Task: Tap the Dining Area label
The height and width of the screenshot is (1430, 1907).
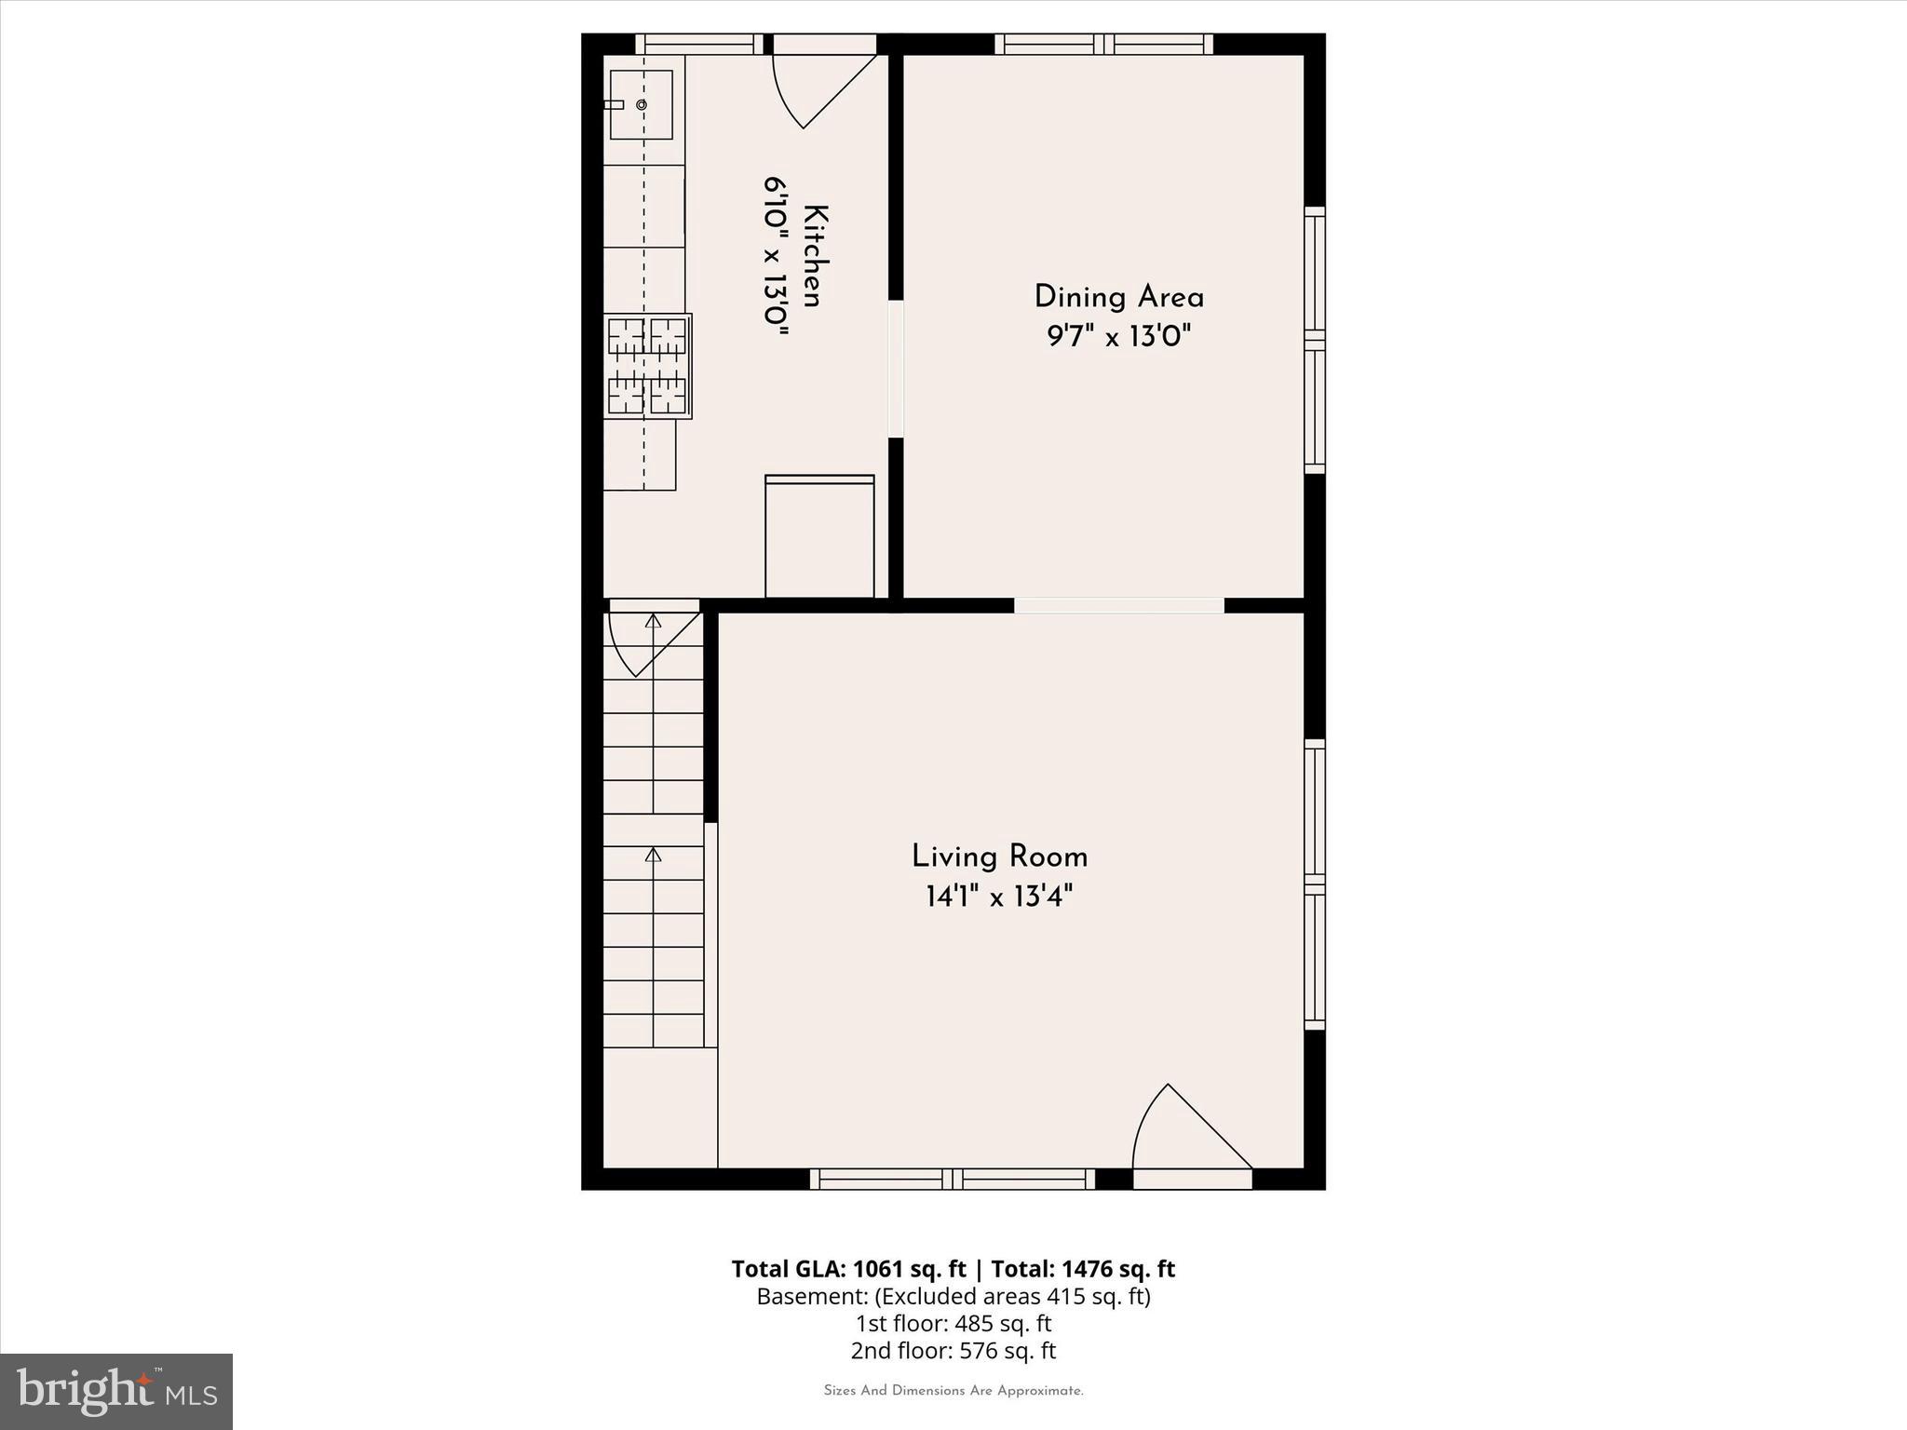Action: pos(1118,298)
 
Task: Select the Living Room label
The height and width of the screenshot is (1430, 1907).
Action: pos(999,857)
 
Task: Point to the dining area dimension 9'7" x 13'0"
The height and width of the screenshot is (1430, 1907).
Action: pos(1118,336)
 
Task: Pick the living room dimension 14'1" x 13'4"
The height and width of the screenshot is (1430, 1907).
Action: pos(999,897)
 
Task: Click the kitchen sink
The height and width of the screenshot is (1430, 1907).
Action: pos(641,104)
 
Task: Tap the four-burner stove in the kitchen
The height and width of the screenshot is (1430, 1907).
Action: pos(647,366)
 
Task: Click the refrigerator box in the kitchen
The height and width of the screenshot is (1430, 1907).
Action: pos(819,537)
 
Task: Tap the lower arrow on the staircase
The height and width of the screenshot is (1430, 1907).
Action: pos(654,855)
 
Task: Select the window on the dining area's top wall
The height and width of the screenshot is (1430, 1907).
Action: pos(1103,44)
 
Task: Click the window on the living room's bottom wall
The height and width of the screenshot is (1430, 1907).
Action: pos(952,1180)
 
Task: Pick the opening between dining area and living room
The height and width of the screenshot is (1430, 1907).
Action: pos(1118,605)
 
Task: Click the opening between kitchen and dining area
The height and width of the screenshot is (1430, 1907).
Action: pos(896,368)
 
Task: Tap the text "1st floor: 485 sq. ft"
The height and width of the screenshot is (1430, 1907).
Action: pos(953,1323)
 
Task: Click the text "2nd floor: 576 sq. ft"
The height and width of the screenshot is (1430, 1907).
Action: pos(953,1350)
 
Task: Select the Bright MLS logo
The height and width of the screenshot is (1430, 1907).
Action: pos(116,1391)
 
